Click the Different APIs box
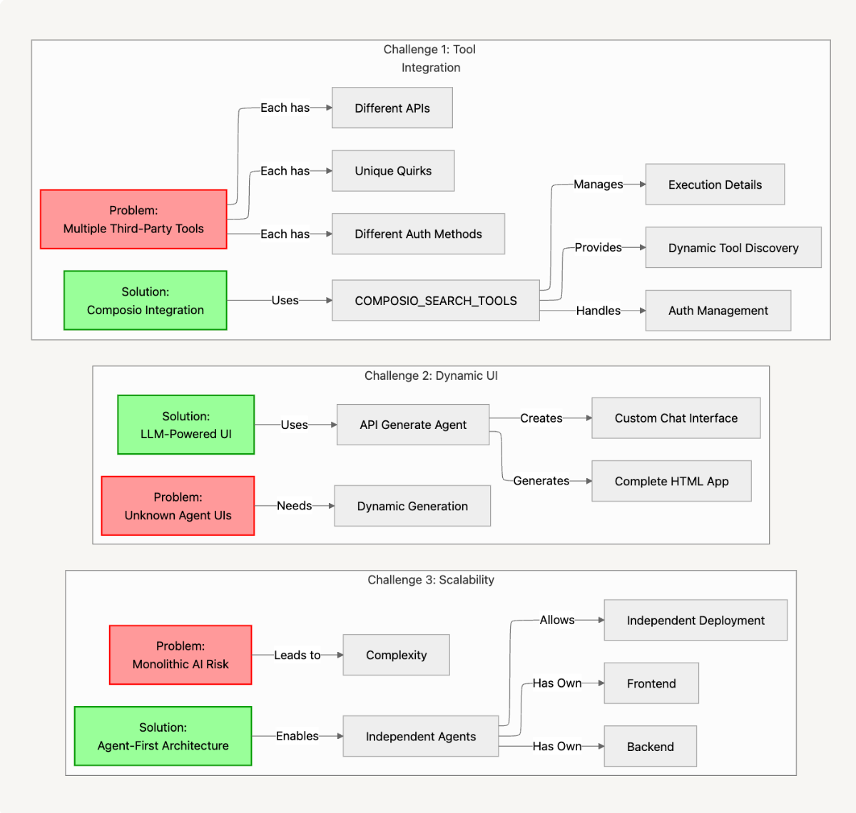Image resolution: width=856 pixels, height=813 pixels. click(392, 108)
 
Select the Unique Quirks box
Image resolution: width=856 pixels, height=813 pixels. click(393, 171)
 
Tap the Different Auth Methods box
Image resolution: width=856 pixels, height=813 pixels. click(418, 234)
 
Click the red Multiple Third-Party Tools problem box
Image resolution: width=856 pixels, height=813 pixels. click(133, 219)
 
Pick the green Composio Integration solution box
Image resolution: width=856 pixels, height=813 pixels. click(146, 301)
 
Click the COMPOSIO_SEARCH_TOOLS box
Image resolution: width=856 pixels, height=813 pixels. click(435, 301)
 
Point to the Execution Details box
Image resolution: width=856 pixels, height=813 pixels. click(715, 185)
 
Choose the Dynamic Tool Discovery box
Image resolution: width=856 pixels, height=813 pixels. click(733, 248)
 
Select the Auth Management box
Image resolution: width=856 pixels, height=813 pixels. click(718, 311)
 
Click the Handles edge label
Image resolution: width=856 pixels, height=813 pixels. click(598, 311)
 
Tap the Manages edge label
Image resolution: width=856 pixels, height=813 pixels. click(598, 185)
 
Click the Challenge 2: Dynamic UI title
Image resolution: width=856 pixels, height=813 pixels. click(431, 376)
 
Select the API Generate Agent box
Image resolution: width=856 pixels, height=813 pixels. click(412, 425)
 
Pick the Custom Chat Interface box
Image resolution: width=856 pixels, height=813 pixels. click(676, 418)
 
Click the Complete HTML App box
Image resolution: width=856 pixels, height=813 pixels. click(671, 481)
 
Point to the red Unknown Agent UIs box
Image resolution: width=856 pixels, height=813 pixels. click(178, 506)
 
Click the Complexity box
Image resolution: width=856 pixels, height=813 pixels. click(396, 655)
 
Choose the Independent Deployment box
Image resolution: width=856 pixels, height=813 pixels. click(695, 621)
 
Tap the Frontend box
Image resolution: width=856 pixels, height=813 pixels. click(651, 683)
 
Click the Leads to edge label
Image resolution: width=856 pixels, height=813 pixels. click(297, 655)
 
